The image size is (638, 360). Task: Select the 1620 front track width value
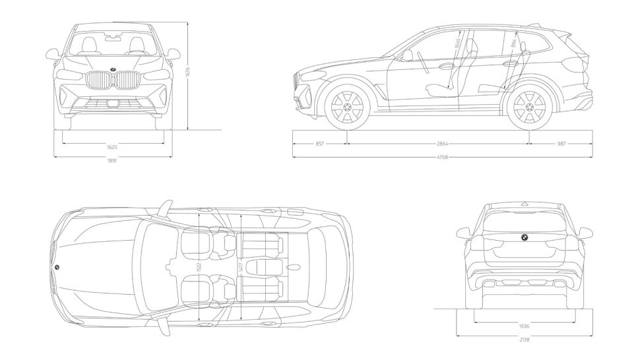click(x=113, y=147)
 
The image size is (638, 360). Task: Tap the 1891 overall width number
click(x=113, y=162)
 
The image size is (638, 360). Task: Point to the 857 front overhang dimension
click(x=320, y=143)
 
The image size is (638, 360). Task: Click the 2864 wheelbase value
click(x=439, y=143)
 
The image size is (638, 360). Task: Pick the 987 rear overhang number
click(x=561, y=143)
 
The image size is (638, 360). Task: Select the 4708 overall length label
click(x=443, y=158)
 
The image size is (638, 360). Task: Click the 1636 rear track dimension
click(x=525, y=326)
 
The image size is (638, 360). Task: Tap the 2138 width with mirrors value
click(x=525, y=340)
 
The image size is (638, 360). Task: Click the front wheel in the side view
click(x=346, y=106)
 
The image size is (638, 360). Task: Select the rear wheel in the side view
click(x=530, y=106)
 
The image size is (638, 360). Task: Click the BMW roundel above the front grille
click(x=113, y=70)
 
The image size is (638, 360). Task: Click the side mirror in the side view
click(x=407, y=55)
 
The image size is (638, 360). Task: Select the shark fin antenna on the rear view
click(x=525, y=201)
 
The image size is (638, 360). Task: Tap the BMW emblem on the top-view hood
click(x=57, y=266)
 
